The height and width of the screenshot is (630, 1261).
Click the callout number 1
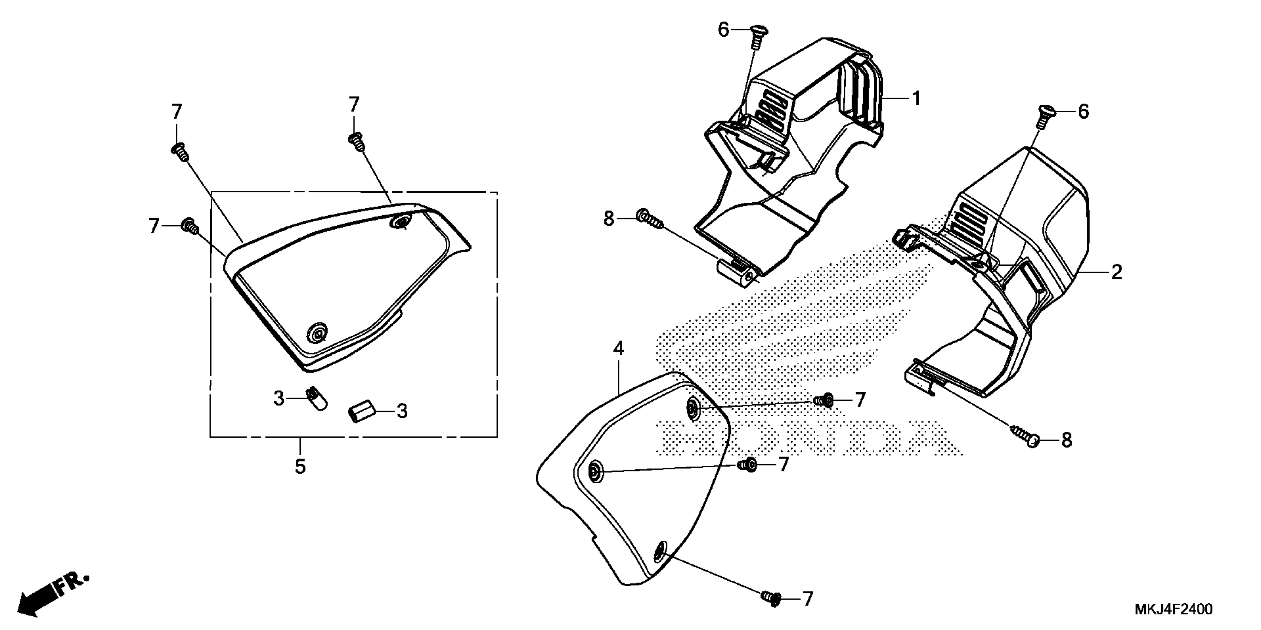coord(916,99)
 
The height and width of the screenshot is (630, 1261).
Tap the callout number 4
coord(619,349)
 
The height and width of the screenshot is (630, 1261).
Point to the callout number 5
coord(300,466)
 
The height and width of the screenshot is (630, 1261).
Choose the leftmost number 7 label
coord(154,226)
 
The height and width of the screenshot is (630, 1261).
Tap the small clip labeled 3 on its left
coord(315,398)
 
